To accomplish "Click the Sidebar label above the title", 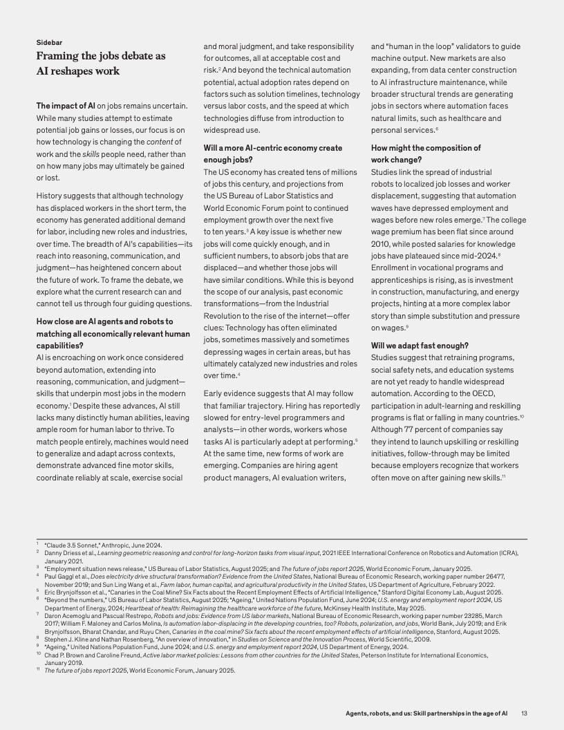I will pos(49,42).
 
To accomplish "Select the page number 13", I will pos(525,713).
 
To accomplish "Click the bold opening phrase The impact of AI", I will pos(66,106).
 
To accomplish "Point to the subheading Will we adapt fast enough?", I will pos(420,345).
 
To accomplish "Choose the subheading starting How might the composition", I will pos(426,148).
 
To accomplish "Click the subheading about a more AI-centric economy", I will pos(272,148).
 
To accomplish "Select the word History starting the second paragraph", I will pos(51,196).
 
